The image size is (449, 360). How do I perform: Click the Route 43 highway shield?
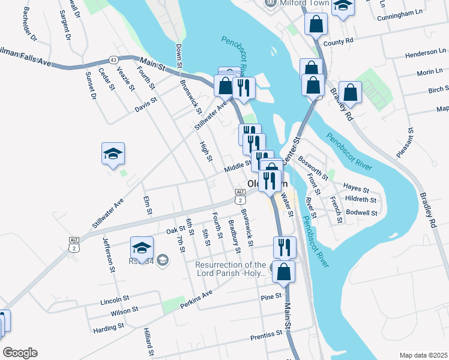pos(113,59)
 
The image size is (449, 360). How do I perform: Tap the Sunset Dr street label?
pos(91,85)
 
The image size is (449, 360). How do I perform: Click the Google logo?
pos(20,353)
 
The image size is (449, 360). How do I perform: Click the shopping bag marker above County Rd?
pos(316,25)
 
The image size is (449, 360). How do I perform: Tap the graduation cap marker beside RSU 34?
pos(142,247)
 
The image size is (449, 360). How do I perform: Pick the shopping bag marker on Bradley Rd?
pos(351,92)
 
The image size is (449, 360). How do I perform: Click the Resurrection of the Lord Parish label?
pos(231,269)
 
